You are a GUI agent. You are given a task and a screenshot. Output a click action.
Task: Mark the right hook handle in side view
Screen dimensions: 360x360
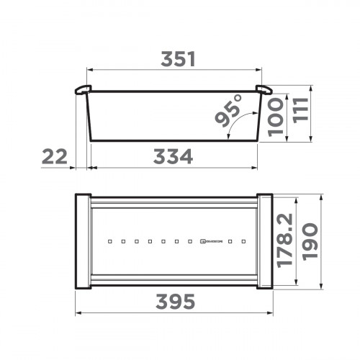263,90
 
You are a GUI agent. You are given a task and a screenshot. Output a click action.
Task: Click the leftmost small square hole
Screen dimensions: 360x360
109,241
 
